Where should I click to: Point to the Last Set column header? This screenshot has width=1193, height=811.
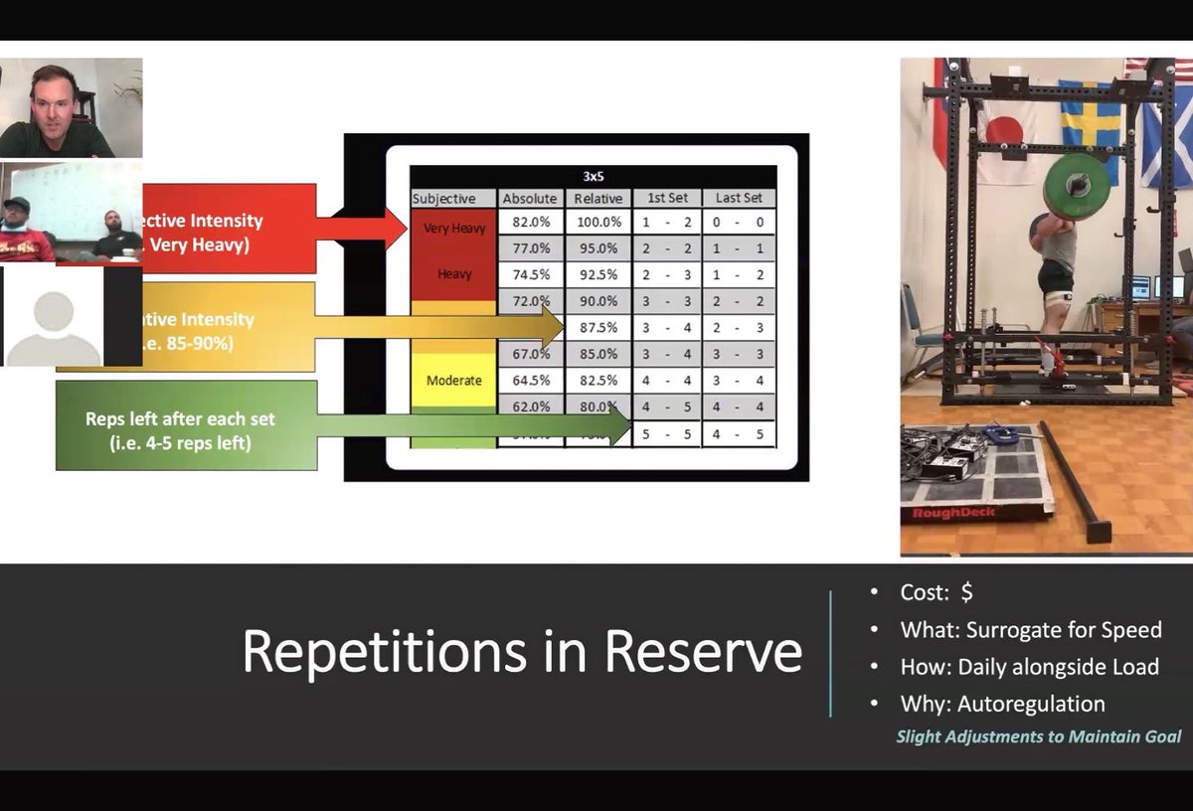pyautogui.click(x=738, y=198)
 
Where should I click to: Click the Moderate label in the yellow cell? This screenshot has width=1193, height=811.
pyautogui.click(x=453, y=380)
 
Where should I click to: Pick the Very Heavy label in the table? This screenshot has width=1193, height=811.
pyautogui.click(x=453, y=228)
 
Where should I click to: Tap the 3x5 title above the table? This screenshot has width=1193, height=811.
pyautogui.click(x=593, y=176)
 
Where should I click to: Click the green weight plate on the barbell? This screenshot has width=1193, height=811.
pyautogui.click(x=1076, y=186)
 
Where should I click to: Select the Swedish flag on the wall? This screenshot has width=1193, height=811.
pyautogui.click(x=1091, y=126)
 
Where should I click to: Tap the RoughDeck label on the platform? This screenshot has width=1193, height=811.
pyautogui.click(x=945, y=513)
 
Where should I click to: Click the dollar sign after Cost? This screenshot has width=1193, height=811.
pyautogui.click(x=966, y=593)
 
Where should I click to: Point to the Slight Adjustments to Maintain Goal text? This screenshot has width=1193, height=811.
pyautogui.click(x=1038, y=736)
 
